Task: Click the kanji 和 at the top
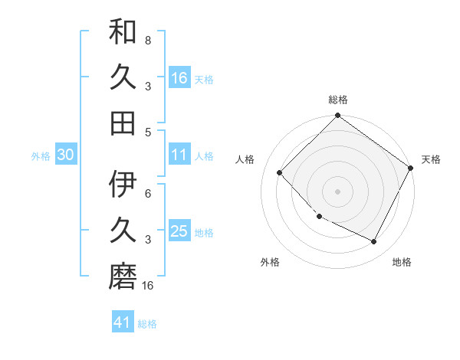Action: tap(123, 33)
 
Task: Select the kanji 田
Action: tap(123, 122)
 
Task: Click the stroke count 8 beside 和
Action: tap(147, 40)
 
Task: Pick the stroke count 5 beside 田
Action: tap(147, 132)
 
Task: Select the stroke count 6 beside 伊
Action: tap(147, 194)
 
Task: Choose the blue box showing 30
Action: tap(66, 155)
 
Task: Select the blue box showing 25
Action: tap(179, 231)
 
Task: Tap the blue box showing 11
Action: tap(179, 155)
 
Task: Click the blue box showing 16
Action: tap(179, 77)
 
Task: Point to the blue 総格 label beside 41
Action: tap(147, 324)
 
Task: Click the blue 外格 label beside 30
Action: tap(41, 156)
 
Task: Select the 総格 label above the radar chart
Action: tap(338, 100)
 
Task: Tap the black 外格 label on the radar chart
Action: tap(270, 262)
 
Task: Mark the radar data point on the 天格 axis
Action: tap(411, 169)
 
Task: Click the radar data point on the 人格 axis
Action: tap(280, 173)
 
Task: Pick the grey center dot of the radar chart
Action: tap(337, 191)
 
